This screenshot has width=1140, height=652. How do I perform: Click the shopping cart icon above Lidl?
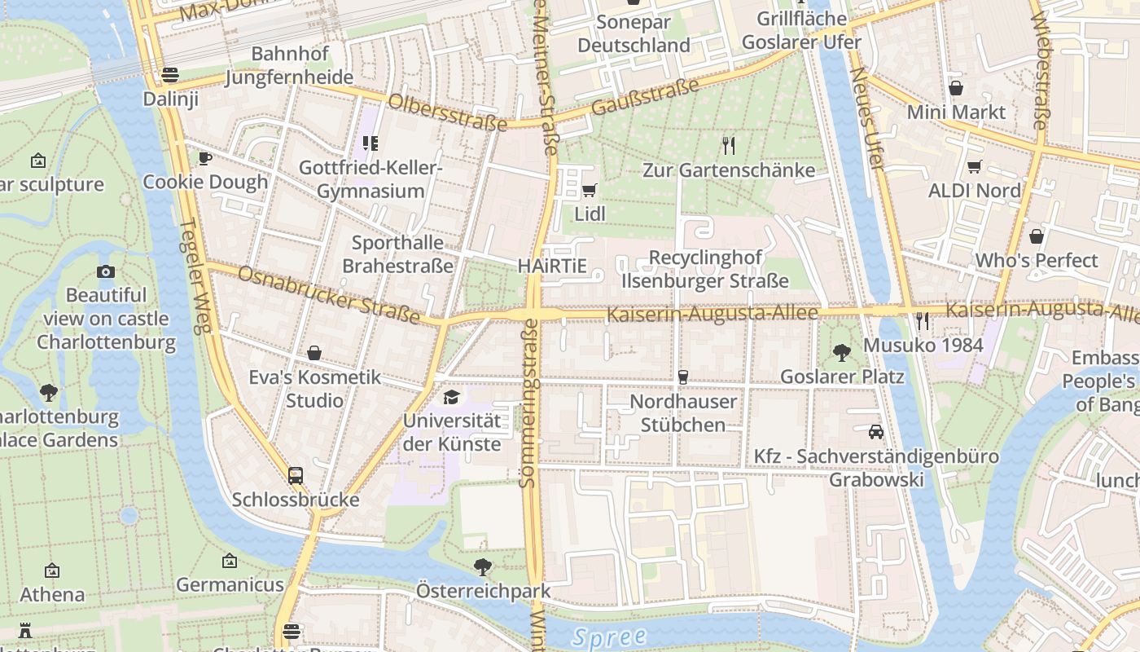589,191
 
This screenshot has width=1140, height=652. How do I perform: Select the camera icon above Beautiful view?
106,271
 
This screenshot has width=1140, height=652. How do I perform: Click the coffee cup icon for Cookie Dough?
204,158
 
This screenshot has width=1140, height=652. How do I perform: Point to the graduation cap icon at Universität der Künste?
451,398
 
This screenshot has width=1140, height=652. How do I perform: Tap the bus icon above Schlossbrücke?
296,475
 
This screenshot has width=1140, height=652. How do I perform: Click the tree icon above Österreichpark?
483,566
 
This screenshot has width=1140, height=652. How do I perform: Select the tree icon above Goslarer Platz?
842,353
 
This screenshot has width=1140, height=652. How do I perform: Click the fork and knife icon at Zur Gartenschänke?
729,146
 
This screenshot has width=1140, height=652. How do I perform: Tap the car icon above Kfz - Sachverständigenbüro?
876,432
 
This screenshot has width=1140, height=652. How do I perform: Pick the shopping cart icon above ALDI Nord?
974,167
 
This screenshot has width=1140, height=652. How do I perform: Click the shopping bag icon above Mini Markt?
956,88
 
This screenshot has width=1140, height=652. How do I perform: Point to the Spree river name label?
609,637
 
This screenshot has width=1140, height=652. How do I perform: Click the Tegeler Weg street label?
195,277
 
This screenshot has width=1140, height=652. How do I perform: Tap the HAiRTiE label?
552,267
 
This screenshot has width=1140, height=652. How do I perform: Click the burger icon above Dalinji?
170,75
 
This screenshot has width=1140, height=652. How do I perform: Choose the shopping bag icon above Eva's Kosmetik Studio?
314,354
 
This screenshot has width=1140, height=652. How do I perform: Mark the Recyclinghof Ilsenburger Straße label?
705,269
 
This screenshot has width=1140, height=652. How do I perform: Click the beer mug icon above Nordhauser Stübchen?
682,377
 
